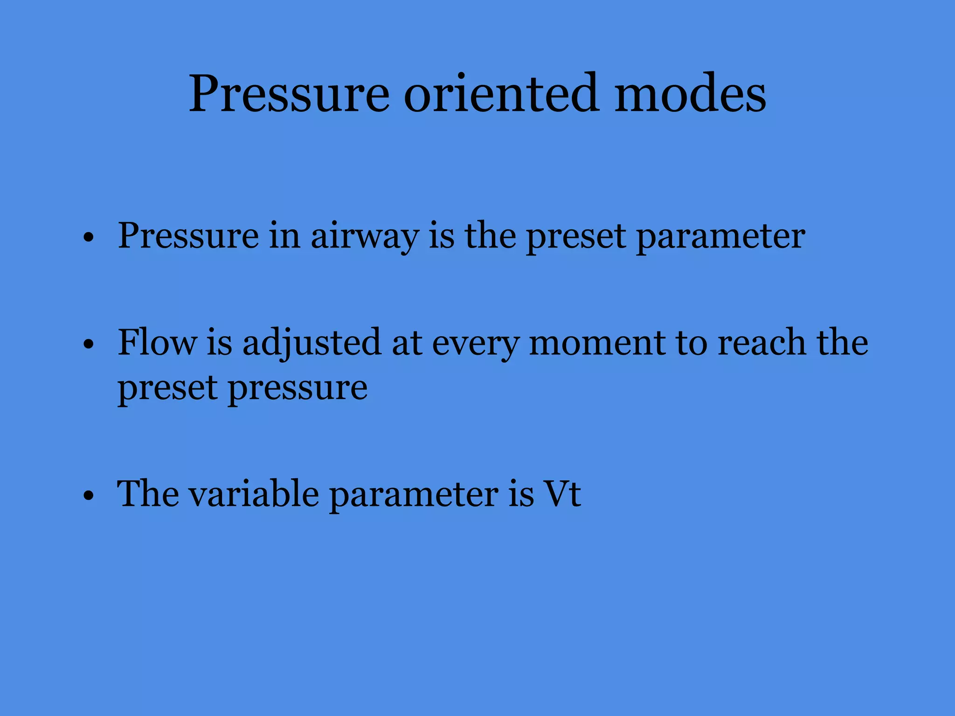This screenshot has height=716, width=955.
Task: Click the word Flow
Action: click(157, 343)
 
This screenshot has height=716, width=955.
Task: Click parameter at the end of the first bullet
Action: click(721, 237)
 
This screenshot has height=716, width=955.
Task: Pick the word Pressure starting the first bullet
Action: click(188, 236)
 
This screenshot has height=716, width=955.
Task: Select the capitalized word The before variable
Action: click(147, 494)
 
